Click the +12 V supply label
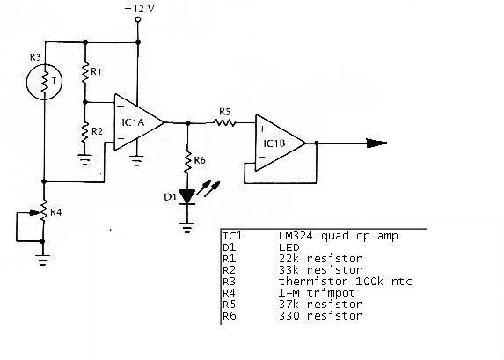pos(140,9)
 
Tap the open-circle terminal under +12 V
pos(138,19)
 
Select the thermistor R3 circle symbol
pos(44,82)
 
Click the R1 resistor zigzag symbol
pos(85,73)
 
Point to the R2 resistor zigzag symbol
pos(84,133)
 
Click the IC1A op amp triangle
pos(139,122)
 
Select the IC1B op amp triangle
pos(280,143)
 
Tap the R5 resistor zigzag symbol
pos(224,122)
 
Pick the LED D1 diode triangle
pos(187,196)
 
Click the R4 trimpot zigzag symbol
pos(44,210)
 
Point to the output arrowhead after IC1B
pos(376,143)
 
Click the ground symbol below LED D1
pos(187,227)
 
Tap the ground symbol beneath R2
pos(84,160)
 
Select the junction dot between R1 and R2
pos(85,102)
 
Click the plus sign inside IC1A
pos(121,107)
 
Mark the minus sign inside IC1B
pos(262,157)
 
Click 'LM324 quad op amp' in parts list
pos(338,236)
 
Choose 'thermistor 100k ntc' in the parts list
pos(345,282)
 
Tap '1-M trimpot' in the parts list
pos(317,293)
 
